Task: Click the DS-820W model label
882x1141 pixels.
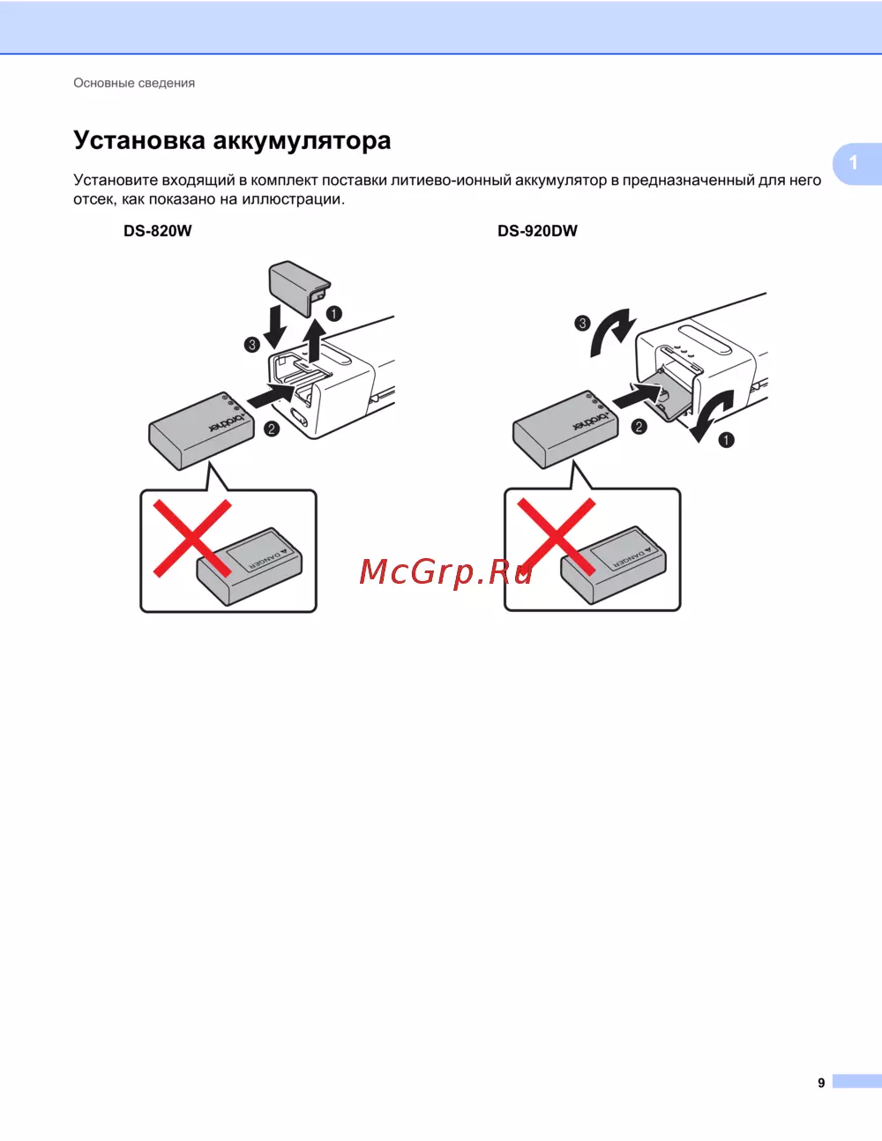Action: pos(158,231)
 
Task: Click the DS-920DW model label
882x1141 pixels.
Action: pos(537,231)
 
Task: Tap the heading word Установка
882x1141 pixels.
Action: pos(139,141)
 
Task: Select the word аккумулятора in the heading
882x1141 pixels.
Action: pos(302,142)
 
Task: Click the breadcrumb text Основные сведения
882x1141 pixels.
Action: pos(134,83)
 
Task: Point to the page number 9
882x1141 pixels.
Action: pos(821,1083)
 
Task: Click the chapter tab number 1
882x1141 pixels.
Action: pos(854,162)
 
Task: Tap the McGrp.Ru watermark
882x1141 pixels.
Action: pos(445,571)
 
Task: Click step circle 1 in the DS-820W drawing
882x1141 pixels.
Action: pos(334,314)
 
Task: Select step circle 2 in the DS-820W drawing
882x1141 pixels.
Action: pos(272,429)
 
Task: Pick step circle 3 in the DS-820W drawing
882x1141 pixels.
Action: pos(252,345)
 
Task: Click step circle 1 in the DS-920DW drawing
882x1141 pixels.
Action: pos(726,440)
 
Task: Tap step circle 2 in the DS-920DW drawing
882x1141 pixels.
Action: pos(639,427)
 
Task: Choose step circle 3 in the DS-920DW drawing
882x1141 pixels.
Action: pos(582,323)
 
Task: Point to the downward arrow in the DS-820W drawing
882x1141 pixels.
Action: pos(274,327)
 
